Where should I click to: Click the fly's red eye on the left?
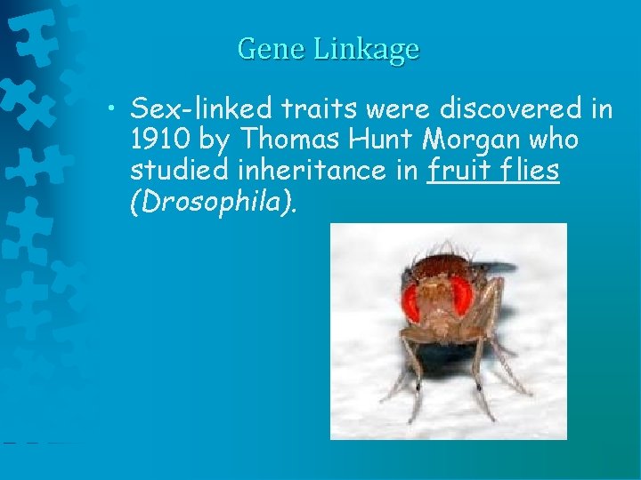click(411, 300)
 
